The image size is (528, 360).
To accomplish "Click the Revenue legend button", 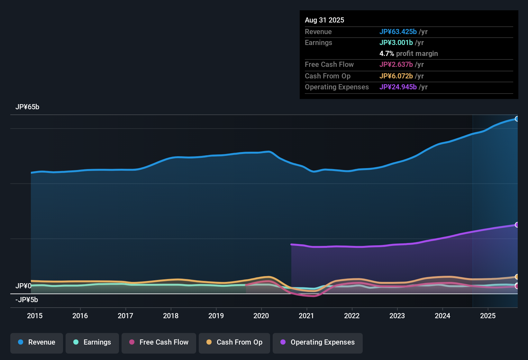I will pyautogui.click(x=37, y=342).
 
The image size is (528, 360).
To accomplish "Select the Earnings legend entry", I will pyautogui.click(x=92, y=342).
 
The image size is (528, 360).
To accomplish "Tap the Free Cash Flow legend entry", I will pyautogui.click(x=159, y=342).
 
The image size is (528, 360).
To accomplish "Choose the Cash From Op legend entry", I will pyautogui.click(x=234, y=342).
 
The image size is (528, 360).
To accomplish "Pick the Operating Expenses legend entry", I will pyautogui.click(x=318, y=342).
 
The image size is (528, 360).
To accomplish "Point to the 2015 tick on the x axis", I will pyautogui.click(x=35, y=316).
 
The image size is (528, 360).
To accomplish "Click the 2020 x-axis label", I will pyautogui.click(x=261, y=316).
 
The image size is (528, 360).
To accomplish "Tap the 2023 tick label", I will pyautogui.click(x=397, y=316).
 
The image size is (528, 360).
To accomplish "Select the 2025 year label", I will pyautogui.click(x=488, y=316).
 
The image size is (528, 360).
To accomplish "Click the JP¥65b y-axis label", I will pyautogui.click(x=27, y=107).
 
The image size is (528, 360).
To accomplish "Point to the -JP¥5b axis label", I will pyautogui.click(x=27, y=300).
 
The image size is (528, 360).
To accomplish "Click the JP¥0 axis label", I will pyautogui.click(x=23, y=286).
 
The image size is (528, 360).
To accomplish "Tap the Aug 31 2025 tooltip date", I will pyautogui.click(x=324, y=20).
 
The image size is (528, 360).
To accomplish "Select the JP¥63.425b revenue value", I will pyautogui.click(x=398, y=32).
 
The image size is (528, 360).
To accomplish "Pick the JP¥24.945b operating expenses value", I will pyautogui.click(x=398, y=87).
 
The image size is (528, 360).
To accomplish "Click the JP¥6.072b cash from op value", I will pyautogui.click(x=396, y=76).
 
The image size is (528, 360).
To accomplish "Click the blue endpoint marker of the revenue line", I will pyautogui.click(x=517, y=119).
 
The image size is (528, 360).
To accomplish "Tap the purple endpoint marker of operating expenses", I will pyautogui.click(x=517, y=225).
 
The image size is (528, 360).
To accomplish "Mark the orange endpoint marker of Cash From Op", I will pyautogui.click(x=517, y=277).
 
